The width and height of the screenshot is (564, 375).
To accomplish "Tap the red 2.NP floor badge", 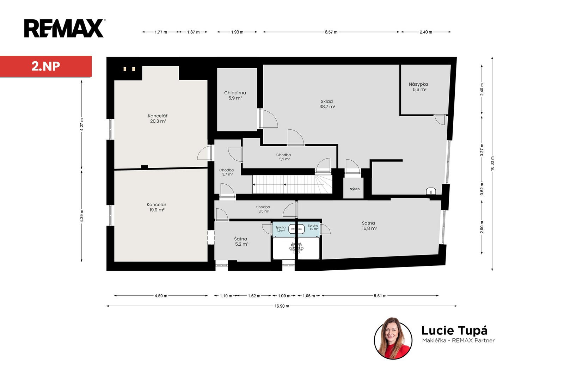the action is [x=46, y=66].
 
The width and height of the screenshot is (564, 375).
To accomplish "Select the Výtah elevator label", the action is [x=355, y=189].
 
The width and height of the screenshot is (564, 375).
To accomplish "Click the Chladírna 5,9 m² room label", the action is [x=235, y=96].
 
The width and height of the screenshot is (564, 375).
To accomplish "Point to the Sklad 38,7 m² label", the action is [x=327, y=104].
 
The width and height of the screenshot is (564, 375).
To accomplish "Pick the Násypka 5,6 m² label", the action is [x=418, y=87].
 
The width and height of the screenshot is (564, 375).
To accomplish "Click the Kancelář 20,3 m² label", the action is [x=158, y=118].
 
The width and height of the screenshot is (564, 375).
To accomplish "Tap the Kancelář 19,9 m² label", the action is [x=157, y=207].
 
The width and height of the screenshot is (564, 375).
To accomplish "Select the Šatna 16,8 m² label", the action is [x=369, y=226].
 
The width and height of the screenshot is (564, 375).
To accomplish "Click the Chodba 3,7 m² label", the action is [x=227, y=172].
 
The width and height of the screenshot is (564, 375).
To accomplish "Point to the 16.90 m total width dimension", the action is [x=282, y=306].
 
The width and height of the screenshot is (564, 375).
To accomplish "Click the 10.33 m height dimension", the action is [x=492, y=164].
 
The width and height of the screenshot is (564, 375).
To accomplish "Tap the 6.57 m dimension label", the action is [x=331, y=32].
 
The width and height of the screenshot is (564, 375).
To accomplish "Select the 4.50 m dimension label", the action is [x=161, y=296].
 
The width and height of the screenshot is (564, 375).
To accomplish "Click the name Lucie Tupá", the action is [x=454, y=331].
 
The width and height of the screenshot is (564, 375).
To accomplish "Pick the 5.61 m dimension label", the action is [x=380, y=296].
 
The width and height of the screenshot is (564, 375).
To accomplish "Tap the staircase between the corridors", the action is [x=292, y=184].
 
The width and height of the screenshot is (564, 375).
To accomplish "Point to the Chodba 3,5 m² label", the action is [x=263, y=209].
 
